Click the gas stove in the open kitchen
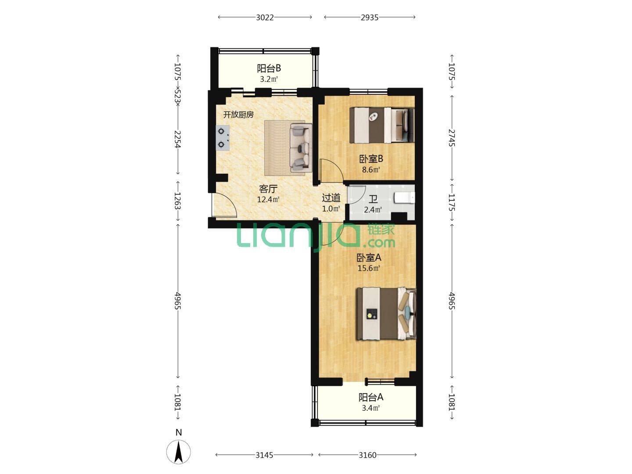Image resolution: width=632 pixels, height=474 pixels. click(223, 137)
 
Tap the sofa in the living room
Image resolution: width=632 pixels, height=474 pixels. click(301, 147)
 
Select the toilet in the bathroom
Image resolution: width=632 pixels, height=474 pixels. click(404, 197)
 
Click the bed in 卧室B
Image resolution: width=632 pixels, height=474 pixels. click(382, 125)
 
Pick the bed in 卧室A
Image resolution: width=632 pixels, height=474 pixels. click(386, 313)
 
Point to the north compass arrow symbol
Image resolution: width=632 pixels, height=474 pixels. click(179, 452)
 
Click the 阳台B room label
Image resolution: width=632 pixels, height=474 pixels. click(269, 68)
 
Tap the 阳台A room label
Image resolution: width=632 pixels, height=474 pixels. click(370, 398)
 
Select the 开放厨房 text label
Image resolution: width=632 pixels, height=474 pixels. click(238, 115)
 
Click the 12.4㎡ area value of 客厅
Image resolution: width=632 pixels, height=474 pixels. click(268, 199)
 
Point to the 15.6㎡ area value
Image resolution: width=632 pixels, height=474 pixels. click(369, 268)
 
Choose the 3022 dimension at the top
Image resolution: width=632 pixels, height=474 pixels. click(265, 18)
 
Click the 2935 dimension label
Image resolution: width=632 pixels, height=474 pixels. click(370, 18)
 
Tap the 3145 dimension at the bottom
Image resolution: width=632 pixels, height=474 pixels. click(264, 455)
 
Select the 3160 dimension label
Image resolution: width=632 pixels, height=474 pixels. click(368, 455)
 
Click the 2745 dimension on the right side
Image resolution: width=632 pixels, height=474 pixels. click(452, 138)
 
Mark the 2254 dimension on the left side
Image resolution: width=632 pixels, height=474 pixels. click(178, 139)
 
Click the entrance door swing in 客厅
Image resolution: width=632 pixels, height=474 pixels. click(224, 205)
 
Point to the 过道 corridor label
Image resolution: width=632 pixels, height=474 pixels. click(331, 197)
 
